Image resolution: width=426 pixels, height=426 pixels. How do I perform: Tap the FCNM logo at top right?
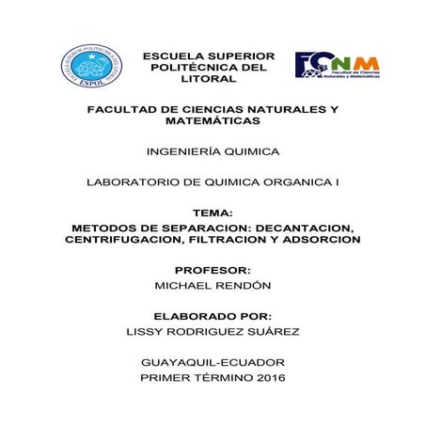pyautogui.click(x=336, y=66)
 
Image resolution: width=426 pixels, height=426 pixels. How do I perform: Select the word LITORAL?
pyautogui.click(x=209, y=80)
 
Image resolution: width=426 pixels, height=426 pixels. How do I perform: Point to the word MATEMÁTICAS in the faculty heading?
pyautogui.click(x=212, y=121)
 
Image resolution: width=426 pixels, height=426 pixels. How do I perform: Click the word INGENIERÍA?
pyautogui.click(x=181, y=151)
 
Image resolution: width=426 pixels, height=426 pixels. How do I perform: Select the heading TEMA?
pyautogui.click(x=212, y=214)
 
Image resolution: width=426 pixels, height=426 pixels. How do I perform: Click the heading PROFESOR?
pyautogui.click(x=213, y=271)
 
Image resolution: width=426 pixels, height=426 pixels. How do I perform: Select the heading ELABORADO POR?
pyautogui.click(x=212, y=316)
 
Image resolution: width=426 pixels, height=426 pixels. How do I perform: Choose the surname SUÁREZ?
pyautogui.click(x=271, y=331)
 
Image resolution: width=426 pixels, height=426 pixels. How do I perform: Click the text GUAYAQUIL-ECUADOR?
pyautogui.click(x=212, y=362)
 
